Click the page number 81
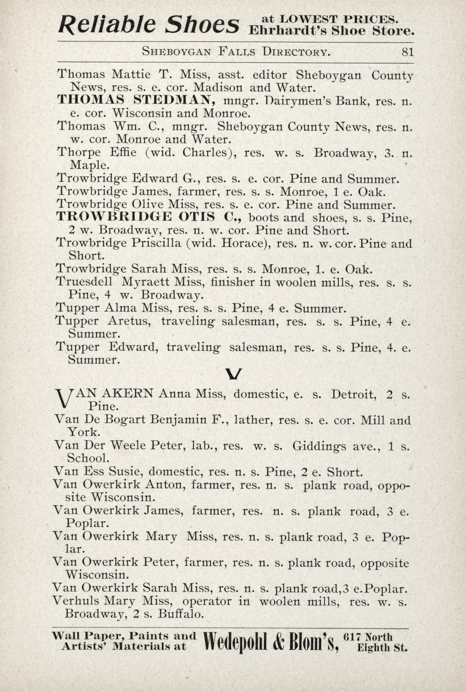[x=408, y=52]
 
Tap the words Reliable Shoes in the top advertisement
[x=148, y=24]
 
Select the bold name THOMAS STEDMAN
[x=136, y=100]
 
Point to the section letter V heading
[x=233, y=374]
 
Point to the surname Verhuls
[x=75, y=601]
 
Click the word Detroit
[x=353, y=394]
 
